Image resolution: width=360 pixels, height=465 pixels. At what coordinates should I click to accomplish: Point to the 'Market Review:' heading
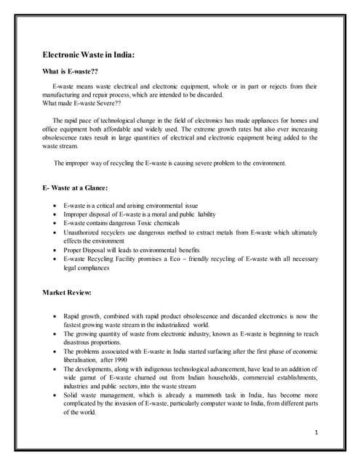(67, 293)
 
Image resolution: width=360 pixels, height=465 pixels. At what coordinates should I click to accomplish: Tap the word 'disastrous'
(81, 341)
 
